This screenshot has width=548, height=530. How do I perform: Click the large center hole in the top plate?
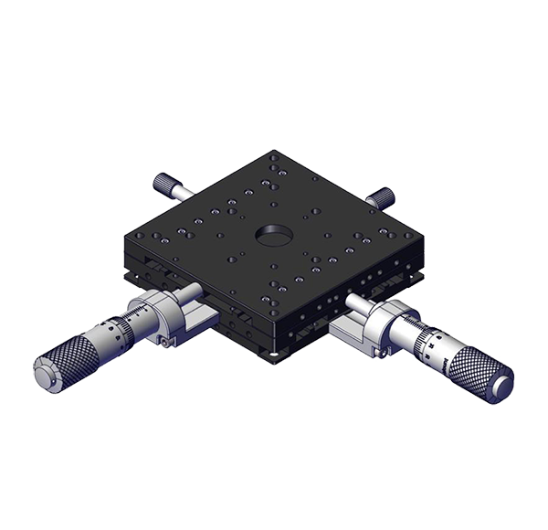pos(273,234)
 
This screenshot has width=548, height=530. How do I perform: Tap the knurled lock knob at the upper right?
pos(382,195)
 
